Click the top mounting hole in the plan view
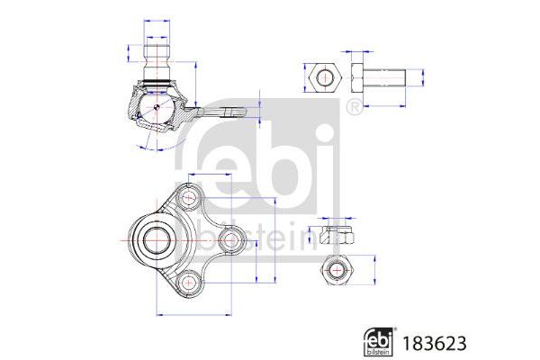pos(187,197)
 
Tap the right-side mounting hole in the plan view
pos(230,240)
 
